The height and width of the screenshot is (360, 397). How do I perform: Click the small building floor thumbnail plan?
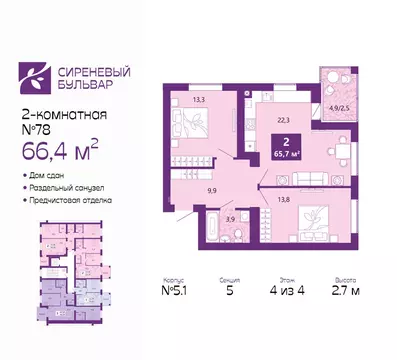coord(64,279)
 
